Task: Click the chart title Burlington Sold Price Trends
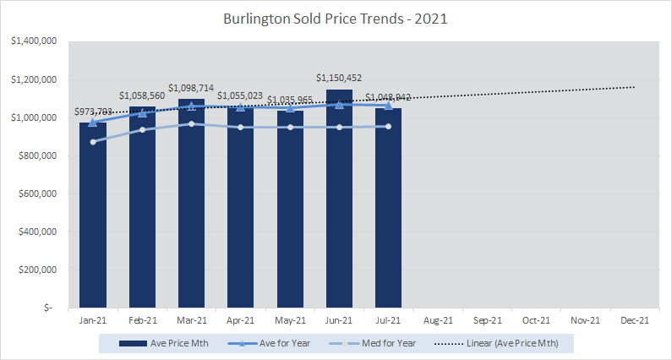(x=336, y=17)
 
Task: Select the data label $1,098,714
(x=192, y=89)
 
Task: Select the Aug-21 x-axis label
(x=437, y=320)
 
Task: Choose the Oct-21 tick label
(x=536, y=320)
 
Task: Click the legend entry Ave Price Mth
(x=164, y=343)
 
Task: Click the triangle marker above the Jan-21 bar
(x=93, y=122)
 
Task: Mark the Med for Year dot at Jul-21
(x=388, y=126)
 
